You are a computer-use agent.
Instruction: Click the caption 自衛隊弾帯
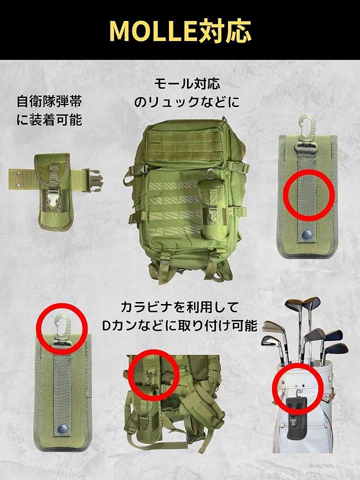coord(49,101)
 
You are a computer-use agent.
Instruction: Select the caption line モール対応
coord(187,83)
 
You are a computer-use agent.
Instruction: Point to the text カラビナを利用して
coord(179,306)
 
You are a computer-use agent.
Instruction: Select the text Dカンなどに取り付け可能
coord(179,325)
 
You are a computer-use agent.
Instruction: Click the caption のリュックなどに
coord(186,101)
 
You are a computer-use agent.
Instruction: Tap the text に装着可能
coord(49,119)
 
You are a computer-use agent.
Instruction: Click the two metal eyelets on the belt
coord(19,179)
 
